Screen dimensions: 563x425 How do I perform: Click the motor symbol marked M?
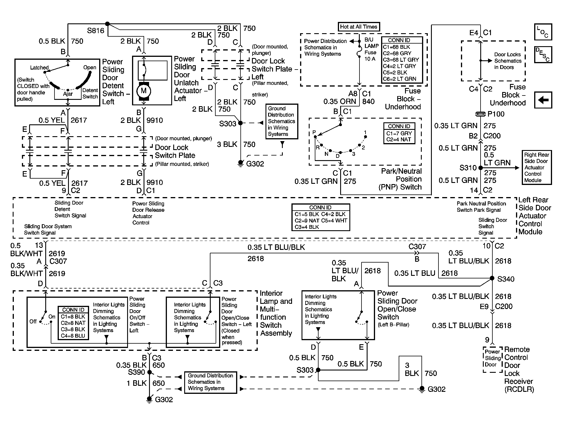(144, 91)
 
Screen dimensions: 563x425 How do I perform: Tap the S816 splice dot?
(107, 24)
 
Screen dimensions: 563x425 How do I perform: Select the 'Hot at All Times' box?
(359, 27)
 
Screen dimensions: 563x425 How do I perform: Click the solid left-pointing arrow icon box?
(543, 100)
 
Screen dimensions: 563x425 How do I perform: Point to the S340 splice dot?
(492, 278)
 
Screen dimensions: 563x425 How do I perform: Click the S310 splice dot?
(481, 168)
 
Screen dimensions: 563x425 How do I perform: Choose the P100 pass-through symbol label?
(496, 114)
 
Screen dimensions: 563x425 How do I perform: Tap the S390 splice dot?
(149, 372)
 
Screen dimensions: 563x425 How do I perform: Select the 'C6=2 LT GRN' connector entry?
(400, 79)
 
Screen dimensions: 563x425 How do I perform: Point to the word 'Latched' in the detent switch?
(39, 68)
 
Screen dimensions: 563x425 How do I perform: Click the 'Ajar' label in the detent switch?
(68, 94)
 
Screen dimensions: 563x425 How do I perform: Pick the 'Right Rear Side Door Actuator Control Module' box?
(537, 167)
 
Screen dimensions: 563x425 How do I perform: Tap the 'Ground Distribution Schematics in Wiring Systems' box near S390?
(210, 382)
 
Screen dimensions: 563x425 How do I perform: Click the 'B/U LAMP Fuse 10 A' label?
(371, 49)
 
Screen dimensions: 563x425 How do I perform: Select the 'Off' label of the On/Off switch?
(33, 321)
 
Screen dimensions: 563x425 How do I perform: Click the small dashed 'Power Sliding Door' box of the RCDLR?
(493, 359)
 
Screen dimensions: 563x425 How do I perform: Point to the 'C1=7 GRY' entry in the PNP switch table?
(399, 133)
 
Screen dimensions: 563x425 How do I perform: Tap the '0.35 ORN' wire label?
(340, 102)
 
